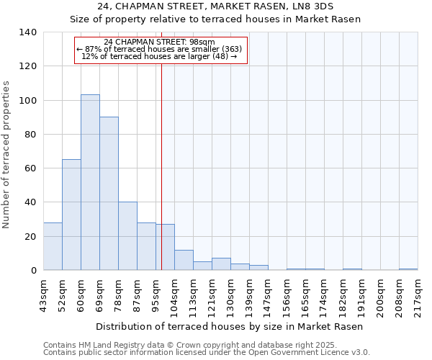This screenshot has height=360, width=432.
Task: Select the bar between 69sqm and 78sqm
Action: click(109, 194)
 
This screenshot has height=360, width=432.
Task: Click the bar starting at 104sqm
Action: click(184, 260)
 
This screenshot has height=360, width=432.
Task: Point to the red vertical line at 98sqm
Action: click(161, 166)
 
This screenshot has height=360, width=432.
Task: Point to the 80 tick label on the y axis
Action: click(30, 135)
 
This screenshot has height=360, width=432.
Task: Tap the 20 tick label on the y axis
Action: click(30, 237)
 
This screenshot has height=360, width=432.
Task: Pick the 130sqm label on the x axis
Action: click(231, 295)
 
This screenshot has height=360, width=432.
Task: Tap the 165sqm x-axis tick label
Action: click(306, 295)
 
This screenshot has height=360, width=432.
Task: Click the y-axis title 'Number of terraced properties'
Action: click(6, 155)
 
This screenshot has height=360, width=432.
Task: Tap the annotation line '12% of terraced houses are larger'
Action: click(159, 56)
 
